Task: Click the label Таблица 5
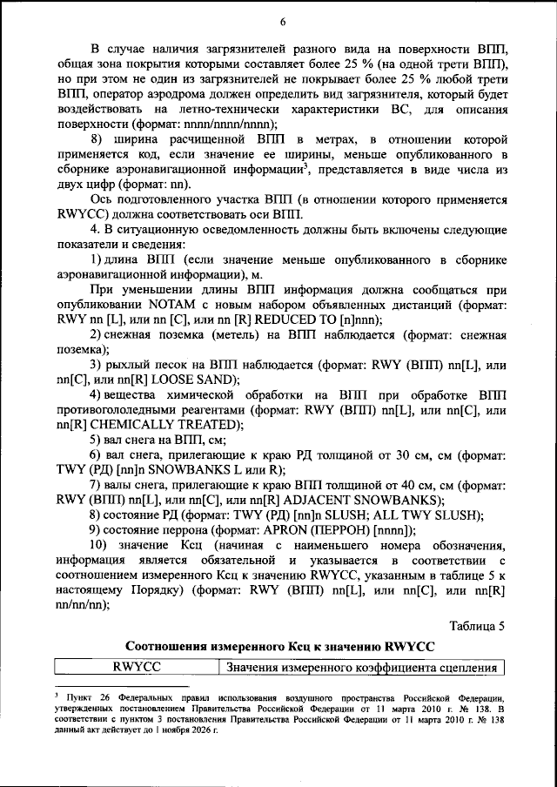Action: [x=477, y=625]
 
